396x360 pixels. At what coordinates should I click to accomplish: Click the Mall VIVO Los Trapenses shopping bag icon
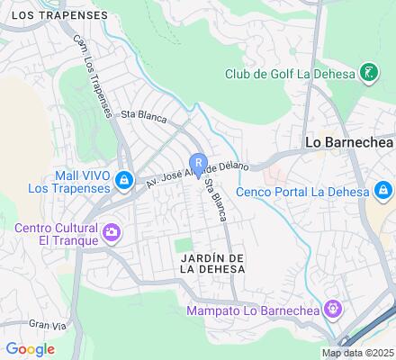[x=125, y=182]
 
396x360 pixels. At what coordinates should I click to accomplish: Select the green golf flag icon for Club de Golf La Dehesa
[x=368, y=72]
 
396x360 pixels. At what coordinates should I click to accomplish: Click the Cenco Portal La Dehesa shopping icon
[x=382, y=191]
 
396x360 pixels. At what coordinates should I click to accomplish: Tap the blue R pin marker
[x=198, y=165]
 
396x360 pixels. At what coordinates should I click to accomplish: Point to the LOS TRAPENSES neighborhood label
[x=54, y=15]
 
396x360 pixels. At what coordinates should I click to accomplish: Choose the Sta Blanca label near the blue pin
[x=213, y=203]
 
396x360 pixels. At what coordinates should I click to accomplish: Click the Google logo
[x=30, y=349]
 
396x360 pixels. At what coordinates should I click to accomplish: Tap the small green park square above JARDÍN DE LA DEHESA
[x=184, y=245]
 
